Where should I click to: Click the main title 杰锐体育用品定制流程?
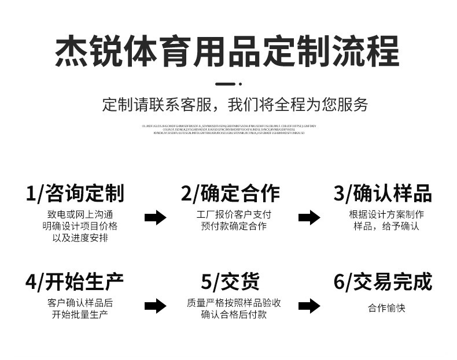(227, 51)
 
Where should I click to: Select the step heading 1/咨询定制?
(75, 194)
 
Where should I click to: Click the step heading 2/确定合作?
(230, 194)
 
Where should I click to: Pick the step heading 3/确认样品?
(382, 194)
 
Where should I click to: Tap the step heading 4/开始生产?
(75, 282)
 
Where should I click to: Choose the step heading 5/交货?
(230, 282)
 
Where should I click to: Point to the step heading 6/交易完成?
(383, 282)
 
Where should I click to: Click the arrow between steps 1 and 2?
(155, 218)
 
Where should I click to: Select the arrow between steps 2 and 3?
(309, 218)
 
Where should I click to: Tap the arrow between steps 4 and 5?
(155, 306)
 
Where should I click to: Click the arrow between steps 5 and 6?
(309, 306)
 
